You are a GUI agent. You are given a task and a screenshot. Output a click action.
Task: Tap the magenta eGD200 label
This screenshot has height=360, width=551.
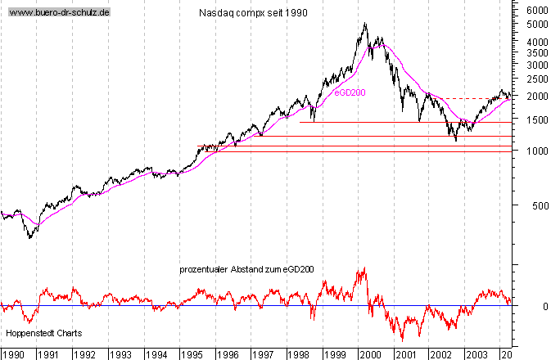(350, 93)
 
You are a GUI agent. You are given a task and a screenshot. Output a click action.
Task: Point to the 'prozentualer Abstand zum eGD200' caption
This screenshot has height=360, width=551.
(247, 268)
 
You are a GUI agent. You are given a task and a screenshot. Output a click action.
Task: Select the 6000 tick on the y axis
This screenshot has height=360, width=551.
(537, 10)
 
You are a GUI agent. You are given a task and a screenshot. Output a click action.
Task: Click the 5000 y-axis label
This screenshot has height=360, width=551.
(537, 25)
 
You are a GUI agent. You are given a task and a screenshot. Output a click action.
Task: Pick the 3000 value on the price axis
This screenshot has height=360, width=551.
(537, 64)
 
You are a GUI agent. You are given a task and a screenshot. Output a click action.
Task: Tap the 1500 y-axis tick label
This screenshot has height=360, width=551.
(537, 119)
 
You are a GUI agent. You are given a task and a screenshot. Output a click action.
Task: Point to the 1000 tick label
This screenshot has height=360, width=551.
(537, 151)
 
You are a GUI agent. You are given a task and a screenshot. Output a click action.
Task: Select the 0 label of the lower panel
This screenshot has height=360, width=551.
(534, 306)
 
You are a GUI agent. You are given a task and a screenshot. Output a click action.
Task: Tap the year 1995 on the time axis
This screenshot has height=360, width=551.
(192, 353)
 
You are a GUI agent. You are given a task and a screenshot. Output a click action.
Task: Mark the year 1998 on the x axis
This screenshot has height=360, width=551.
(300, 353)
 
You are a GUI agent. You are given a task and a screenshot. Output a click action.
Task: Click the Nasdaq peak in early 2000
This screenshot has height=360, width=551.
(365, 25)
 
